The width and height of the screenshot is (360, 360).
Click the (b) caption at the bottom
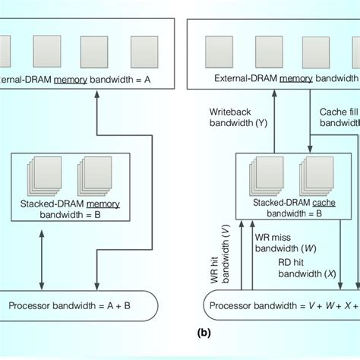pyautogui.click(x=204, y=333)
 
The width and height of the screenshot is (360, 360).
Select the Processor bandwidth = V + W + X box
pyautogui.click(x=281, y=306)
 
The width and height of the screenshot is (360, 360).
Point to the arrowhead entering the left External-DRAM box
pyautogui.click(x=97, y=95)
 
